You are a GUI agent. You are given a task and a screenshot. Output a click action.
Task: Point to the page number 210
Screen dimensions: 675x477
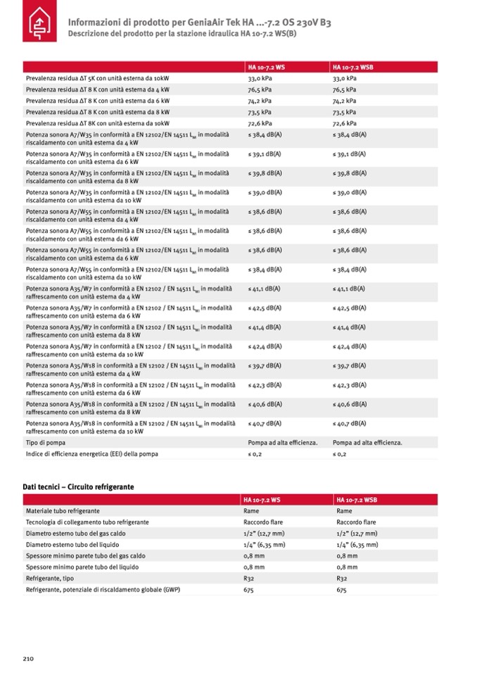click(27, 657)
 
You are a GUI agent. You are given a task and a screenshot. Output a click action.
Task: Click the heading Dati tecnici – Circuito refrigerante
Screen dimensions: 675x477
click(78, 486)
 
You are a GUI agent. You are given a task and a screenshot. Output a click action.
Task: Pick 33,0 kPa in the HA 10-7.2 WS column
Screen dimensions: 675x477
click(260, 79)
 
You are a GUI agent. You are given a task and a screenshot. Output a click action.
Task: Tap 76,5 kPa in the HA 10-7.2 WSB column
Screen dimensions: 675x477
click(344, 90)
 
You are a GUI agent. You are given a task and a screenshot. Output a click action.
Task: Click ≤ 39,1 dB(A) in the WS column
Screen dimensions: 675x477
click(265, 153)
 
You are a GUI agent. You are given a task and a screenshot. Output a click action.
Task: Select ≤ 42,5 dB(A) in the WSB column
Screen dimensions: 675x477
click(349, 308)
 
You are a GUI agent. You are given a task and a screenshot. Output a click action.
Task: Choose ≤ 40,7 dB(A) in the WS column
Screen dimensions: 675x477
click(265, 423)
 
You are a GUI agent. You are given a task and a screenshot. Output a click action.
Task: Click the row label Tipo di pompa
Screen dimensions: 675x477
click(46, 443)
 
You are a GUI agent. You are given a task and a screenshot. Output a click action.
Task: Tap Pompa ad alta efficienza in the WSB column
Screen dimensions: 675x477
click(367, 443)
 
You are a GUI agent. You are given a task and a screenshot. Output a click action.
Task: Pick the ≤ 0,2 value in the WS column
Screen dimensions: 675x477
click(257, 454)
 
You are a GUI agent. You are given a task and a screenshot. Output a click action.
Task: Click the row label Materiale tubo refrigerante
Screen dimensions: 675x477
click(63, 510)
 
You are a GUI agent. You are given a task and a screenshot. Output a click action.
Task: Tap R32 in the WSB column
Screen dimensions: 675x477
click(342, 578)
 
